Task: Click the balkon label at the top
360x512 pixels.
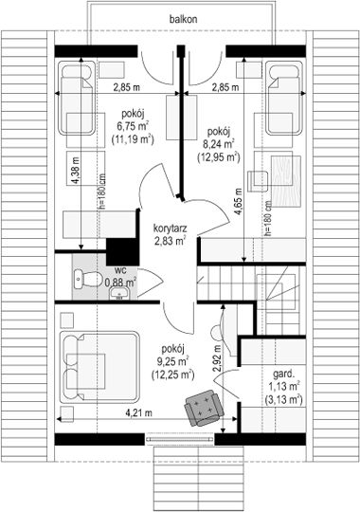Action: (x=183, y=19)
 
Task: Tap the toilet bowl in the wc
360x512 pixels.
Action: (x=87, y=279)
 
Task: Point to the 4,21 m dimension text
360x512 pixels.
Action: (x=138, y=412)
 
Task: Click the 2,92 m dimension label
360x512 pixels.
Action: (x=217, y=358)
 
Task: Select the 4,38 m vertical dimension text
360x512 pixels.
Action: (x=76, y=171)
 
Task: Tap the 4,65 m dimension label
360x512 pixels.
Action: (x=239, y=202)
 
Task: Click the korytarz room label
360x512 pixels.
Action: (x=170, y=228)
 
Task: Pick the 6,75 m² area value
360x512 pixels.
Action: (x=133, y=126)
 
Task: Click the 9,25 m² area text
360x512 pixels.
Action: (x=173, y=361)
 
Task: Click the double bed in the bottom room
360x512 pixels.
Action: (x=99, y=367)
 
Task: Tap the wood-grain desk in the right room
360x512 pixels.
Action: (x=286, y=181)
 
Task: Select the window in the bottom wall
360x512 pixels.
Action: (x=179, y=439)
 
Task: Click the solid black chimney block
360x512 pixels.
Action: (x=123, y=251)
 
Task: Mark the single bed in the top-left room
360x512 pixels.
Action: (x=77, y=98)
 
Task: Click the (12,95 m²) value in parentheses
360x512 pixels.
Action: (x=219, y=157)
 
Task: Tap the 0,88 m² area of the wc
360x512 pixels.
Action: (x=120, y=282)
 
